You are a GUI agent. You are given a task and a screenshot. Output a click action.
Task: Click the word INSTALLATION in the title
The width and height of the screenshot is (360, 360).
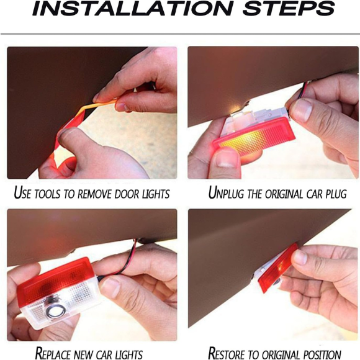pyautogui.click(x=133, y=8)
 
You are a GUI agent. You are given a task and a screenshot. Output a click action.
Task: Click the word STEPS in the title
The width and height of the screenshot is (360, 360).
pyautogui.click(x=289, y=8)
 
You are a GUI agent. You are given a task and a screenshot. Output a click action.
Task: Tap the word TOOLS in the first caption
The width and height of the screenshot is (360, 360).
pyautogui.click(x=48, y=194)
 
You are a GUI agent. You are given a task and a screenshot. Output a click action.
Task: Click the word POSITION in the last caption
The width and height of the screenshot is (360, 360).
pyautogui.click(x=321, y=354)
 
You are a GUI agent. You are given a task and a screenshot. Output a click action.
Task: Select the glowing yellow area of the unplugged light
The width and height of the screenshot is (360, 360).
pyautogui.click(x=243, y=142)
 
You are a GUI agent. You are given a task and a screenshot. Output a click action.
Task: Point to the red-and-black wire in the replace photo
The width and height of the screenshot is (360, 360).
pyautogui.click(x=127, y=259)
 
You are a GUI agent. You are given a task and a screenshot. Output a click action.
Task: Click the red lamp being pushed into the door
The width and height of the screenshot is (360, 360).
pyautogui.click(x=277, y=268)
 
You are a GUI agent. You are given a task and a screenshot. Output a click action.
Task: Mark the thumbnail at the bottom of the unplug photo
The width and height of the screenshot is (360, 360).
pyautogui.click(x=226, y=159)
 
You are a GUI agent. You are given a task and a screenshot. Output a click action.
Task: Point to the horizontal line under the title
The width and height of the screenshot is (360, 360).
pyautogui.click(x=180, y=34)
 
